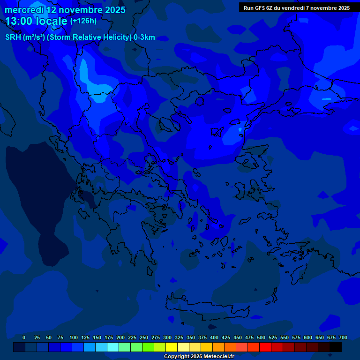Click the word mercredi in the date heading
(x=24, y=10)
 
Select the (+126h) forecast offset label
(x=84, y=21)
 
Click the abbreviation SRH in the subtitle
(x=13, y=37)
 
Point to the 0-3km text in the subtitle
(x=144, y=37)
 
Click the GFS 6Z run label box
(x=297, y=8)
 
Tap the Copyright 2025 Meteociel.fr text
(x=199, y=356)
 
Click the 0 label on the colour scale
(x=24, y=337)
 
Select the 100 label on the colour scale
(x=74, y=337)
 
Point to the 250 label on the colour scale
(x=144, y=337)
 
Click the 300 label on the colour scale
(x=167, y=337)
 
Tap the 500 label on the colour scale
(x=261, y=337)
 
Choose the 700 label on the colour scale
(x=343, y=337)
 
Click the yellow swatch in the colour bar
(x=172, y=347)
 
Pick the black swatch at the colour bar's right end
(x=336, y=347)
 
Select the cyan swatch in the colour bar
(x=113, y=347)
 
